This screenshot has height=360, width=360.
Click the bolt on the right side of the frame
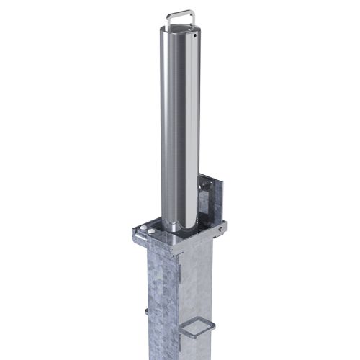point(216,230)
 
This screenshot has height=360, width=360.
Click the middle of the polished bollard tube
point(176,130)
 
